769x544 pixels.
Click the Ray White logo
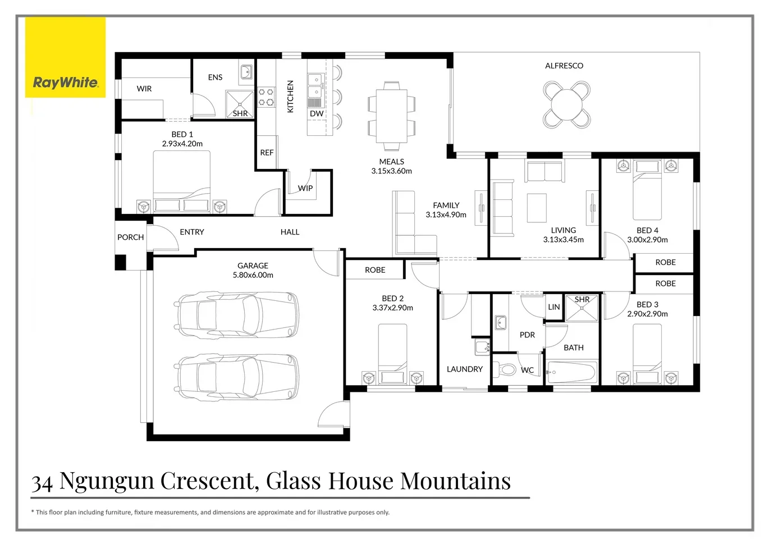point(65,83)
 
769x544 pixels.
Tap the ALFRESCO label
point(564,66)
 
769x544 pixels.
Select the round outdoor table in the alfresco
point(566,104)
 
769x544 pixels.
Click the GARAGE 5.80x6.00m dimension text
point(253,275)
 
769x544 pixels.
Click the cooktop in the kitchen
point(266,97)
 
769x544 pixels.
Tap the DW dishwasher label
point(317,113)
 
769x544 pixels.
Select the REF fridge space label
point(267,153)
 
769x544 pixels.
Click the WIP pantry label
point(305,188)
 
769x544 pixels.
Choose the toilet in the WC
point(507,369)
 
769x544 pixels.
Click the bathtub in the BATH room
point(571,372)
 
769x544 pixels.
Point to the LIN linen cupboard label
point(553,307)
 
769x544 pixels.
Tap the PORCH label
point(130,237)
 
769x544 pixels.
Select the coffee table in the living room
point(537,208)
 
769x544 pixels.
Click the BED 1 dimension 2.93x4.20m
point(182,144)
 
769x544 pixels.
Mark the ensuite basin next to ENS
point(246,72)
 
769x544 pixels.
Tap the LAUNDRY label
point(464,369)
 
